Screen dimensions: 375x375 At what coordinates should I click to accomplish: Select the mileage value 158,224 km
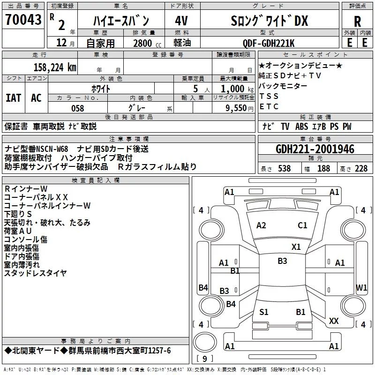tap(55, 67)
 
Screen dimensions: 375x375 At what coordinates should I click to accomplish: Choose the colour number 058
tap(77, 108)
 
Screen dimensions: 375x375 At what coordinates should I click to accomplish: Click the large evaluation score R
tap(357, 22)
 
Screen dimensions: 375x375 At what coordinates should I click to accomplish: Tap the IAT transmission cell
tap(13, 98)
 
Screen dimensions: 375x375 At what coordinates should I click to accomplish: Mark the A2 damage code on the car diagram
tap(261, 225)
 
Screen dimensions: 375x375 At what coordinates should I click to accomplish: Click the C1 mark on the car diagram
tap(302, 225)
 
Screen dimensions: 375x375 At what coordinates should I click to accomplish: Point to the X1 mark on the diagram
tap(296, 247)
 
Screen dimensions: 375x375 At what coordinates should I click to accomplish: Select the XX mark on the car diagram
tap(334, 321)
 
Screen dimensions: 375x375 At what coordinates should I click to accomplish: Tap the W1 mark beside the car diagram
tap(361, 287)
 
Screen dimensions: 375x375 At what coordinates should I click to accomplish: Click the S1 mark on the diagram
tap(264, 312)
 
